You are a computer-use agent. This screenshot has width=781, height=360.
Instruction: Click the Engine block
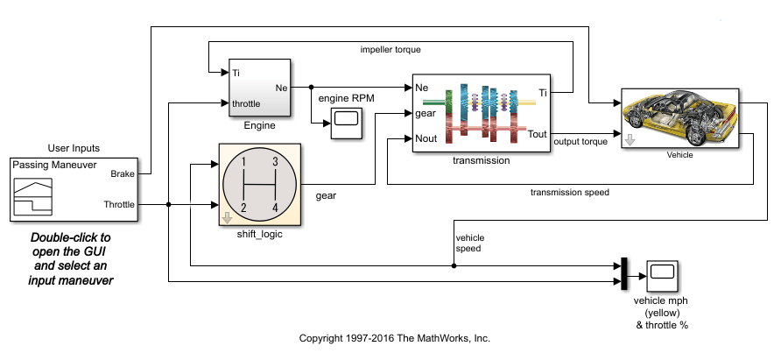click(x=260, y=88)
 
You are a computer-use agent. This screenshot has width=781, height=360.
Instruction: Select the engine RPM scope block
click(x=346, y=124)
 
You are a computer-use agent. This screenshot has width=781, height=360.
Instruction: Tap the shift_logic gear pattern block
click(x=259, y=184)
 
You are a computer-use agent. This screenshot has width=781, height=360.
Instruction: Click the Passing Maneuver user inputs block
click(x=74, y=189)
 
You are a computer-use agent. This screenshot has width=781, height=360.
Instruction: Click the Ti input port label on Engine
click(x=236, y=73)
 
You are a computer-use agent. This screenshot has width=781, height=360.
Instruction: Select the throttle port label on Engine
click(x=249, y=104)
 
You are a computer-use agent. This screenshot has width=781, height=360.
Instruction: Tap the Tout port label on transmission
click(x=538, y=134)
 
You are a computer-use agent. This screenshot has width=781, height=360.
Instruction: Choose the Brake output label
click(x=122, y=174)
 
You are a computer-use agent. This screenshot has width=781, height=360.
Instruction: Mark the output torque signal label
click(x=582, y=142)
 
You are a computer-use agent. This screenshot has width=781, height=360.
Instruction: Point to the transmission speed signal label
click(x=569, y=192)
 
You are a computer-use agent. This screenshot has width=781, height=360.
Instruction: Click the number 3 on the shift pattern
click(x=275, y=161)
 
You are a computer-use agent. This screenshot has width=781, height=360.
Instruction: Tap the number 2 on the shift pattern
click(x=244, y=207)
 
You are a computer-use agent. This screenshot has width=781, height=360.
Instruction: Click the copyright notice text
click(x=394, y=338)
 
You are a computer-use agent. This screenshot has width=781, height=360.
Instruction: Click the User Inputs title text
click(x=74, y=148)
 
